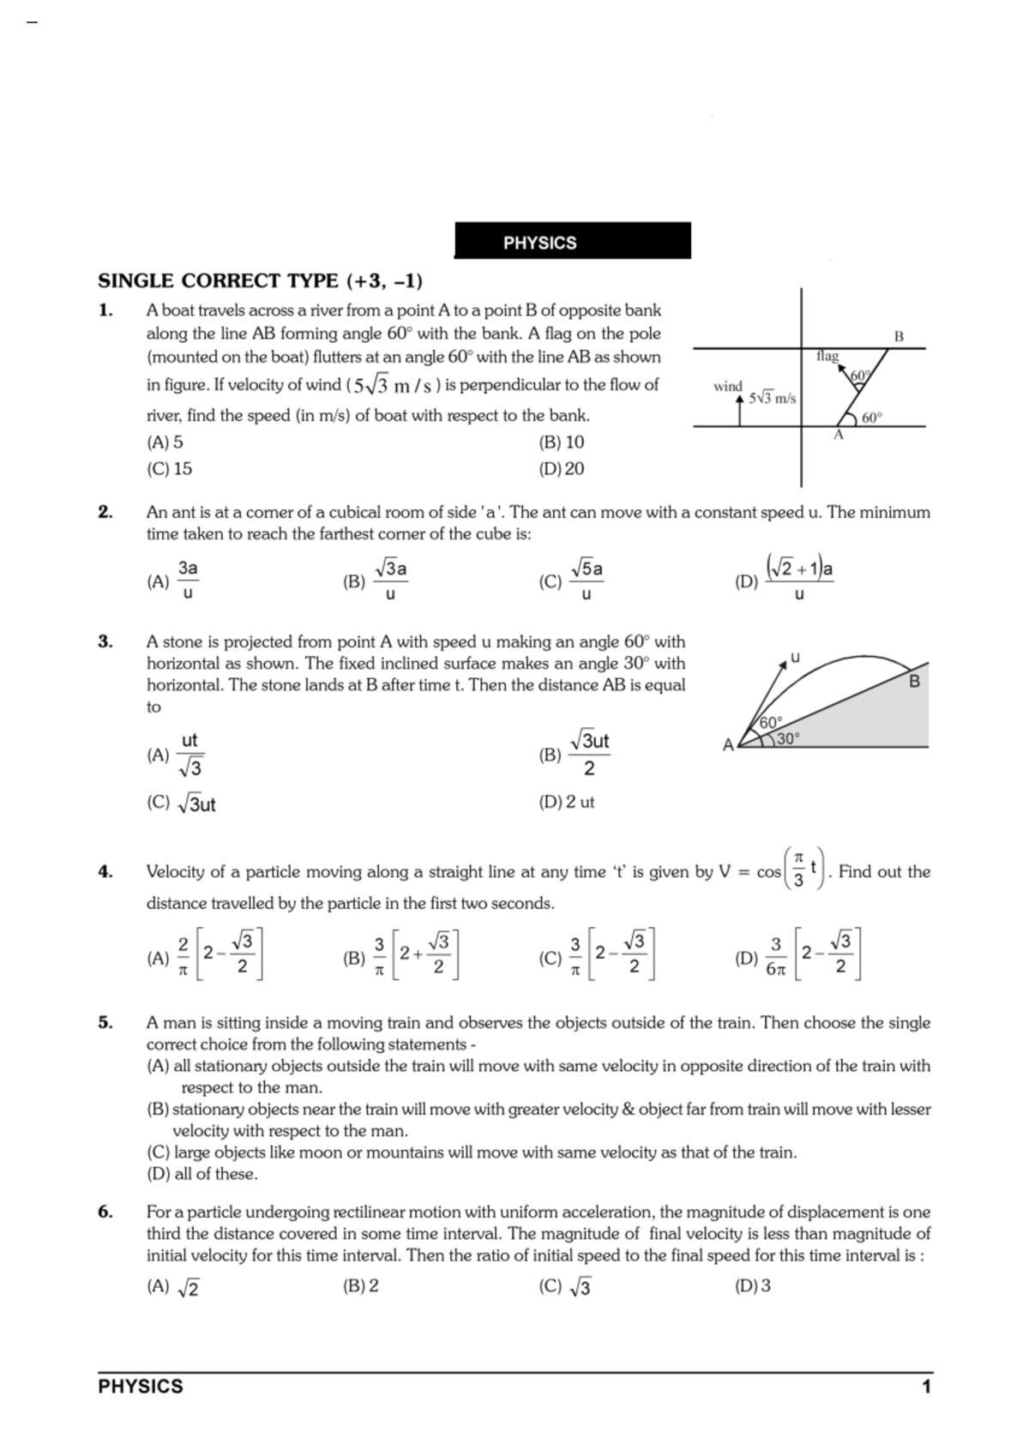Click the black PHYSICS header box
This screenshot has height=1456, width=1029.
point(572,242)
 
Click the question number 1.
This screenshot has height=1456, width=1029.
point(105,310)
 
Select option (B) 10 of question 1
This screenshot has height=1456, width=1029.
point(561,442)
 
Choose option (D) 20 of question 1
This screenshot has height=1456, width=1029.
point(561,469)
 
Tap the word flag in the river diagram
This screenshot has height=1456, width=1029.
point(827,356)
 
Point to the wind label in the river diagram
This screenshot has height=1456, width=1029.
point(728,387)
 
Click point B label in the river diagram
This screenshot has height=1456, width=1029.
point(899,336)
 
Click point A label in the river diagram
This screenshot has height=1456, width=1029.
point(839,436)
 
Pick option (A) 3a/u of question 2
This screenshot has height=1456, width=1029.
point(175,581)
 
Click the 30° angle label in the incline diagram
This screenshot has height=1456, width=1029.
point(787,737)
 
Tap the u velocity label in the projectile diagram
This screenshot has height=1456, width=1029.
point(795,658)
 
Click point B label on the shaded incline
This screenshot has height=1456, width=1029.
point(914,682)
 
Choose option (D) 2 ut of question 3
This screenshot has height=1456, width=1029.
point(566,803)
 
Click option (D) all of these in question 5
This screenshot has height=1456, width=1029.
point(202,1174)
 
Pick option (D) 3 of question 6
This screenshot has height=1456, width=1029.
point(753,1286)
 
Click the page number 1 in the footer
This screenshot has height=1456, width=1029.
point(925,1387)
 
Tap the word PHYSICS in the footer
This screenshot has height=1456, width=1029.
point(141,1387)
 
